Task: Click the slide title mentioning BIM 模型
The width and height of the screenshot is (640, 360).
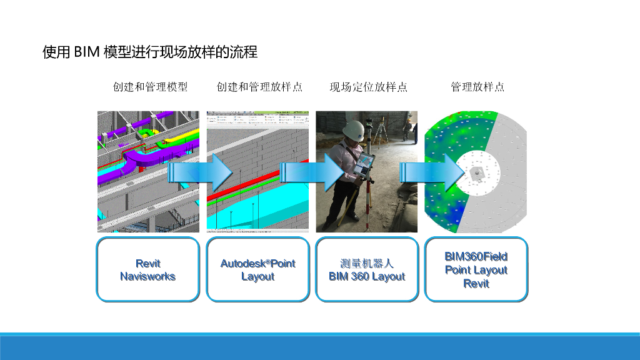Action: [150, 52]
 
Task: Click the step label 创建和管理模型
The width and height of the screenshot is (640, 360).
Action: [150, 87]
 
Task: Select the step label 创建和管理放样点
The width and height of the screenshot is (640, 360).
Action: [259, 87]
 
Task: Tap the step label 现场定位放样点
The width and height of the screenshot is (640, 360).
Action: [369, 87]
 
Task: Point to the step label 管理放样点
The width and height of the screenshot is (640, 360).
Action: [477, 87]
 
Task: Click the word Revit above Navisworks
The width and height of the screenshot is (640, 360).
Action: [148, 263]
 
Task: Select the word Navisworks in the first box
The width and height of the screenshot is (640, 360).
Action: [148, 276]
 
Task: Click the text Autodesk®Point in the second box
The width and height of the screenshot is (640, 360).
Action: [257, 263]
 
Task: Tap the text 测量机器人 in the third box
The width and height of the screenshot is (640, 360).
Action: [367, 263]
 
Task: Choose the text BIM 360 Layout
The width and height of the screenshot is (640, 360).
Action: [367, 276]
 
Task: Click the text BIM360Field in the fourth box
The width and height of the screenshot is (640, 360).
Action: [476, 256]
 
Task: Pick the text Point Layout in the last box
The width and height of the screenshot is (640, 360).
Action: [476, 270]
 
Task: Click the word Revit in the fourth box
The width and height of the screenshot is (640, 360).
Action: [476, 284]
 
